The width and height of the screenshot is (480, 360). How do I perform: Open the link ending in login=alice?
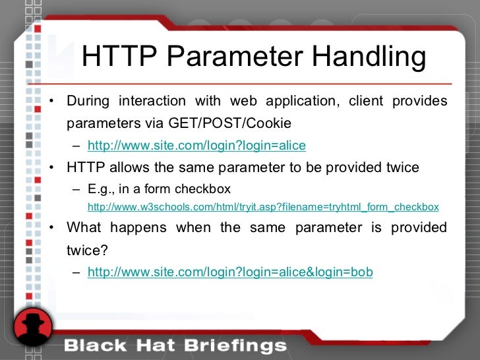coord(196,145)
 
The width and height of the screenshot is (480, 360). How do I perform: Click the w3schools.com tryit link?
coord(263,206)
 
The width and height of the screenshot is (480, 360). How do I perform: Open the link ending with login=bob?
coord(230,271)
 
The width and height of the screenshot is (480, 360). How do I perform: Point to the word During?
coord(88,101)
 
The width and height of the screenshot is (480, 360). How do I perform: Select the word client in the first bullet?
coord(366,101)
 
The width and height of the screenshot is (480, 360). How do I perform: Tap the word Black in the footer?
coord(92,345)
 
